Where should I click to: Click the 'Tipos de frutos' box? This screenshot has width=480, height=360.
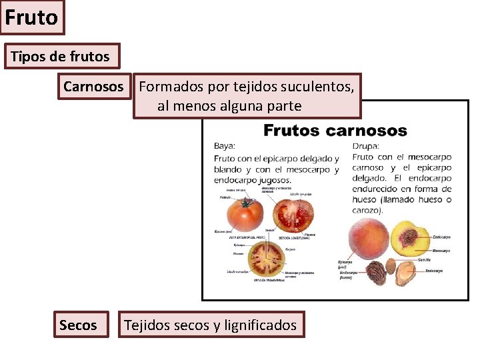tap(60, 57)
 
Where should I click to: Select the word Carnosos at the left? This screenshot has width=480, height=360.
tap(93, 87)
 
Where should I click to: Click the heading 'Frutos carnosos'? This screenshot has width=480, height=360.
tap(335, 130)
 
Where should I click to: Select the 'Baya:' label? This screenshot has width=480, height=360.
tap(225, 145)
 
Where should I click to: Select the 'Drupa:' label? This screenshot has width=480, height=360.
tap(366, 145)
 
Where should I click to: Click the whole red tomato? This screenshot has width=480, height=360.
tap(245, 215)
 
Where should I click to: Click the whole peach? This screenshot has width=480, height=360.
tap(369, 239)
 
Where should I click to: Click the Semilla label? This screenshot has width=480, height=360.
tap(424, 259)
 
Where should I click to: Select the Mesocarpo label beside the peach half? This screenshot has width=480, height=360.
tap(442, 249)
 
